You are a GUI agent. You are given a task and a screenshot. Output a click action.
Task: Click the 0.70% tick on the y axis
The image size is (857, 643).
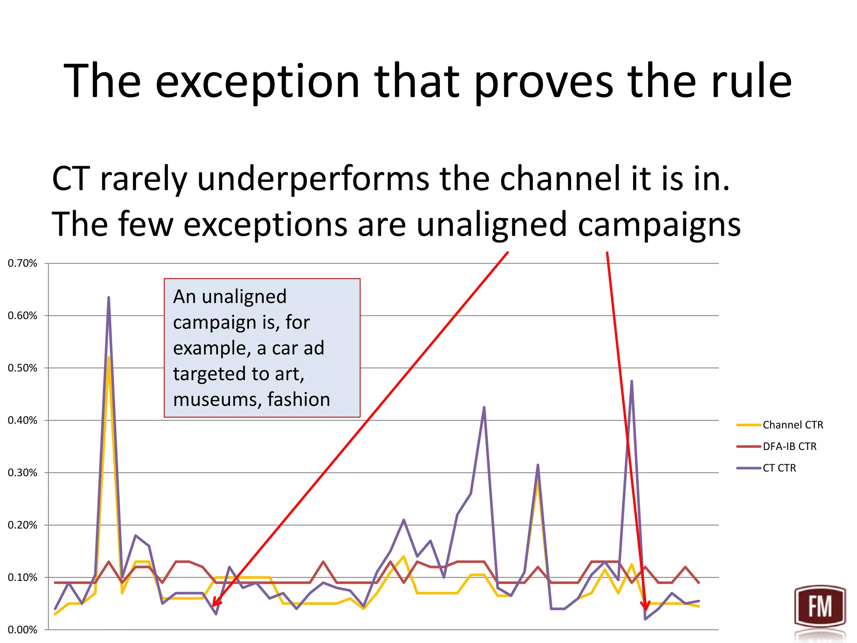(23, 263)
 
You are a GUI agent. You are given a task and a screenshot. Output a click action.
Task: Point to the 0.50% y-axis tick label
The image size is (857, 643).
(23, 368)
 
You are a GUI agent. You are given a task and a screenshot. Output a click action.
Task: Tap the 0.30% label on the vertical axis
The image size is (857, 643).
(23, 473)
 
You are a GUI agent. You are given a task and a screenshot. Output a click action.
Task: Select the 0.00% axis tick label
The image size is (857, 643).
(23, 630)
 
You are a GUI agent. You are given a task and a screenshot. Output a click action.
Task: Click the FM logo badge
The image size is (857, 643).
(820, 607)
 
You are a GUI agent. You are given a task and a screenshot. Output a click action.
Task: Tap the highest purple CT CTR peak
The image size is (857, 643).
(109, 298)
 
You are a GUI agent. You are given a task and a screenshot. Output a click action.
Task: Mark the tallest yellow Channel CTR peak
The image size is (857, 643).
(109, 358)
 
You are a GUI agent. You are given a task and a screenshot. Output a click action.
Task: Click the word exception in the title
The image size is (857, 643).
(257, 82)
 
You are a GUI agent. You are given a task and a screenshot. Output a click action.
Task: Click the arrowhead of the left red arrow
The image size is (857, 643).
(214, 604)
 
